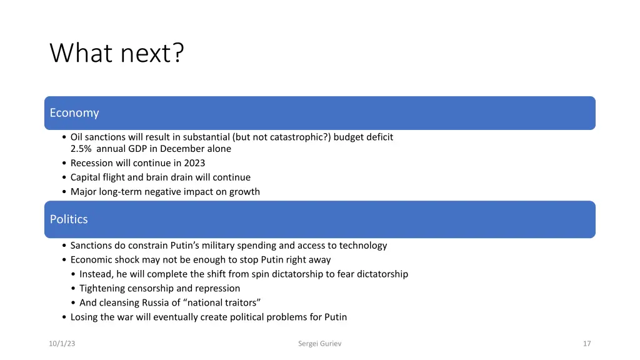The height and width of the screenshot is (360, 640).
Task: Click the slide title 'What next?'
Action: click(117, 53)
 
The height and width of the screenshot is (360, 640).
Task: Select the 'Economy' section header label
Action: click(74, 113)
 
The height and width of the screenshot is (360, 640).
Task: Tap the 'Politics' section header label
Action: click(69, 219)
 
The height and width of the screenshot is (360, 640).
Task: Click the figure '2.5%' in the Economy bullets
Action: click(81, 149)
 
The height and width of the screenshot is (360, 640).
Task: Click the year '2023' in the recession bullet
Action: click(194, 163)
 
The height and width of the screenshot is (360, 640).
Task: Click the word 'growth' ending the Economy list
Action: click(244, 192)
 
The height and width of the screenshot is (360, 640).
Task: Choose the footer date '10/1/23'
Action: click(62, 344)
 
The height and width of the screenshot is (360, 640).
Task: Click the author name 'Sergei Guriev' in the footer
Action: click(320, 344)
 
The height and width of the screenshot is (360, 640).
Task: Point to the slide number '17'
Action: click(586, 344)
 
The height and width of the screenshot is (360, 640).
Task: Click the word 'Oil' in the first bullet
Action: click(76, 137)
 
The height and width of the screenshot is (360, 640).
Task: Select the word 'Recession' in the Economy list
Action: click(92, 163)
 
